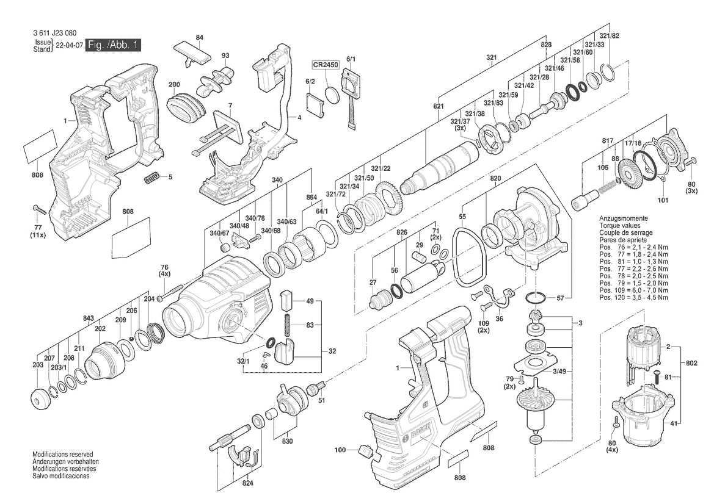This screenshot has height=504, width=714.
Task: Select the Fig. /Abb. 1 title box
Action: pyautogui.click(x=114, y=45)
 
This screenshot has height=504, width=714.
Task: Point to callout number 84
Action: pyautogui.click(x=199, y=38)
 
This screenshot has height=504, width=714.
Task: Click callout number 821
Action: pyautogui.click(x=438, y=106)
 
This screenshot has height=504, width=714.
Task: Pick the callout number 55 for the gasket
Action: pyautogui.click(x=462, y=217)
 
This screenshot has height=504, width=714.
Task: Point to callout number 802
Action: pyautogui.click(x=691, y=364)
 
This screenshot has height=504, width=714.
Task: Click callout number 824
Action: pyautogui.click(x=247, y=483)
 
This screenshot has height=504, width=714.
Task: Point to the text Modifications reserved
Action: pyautogui.click(x=63, y=455)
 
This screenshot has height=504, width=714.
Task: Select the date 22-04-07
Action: pyautogui.click(x=69, y=45)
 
